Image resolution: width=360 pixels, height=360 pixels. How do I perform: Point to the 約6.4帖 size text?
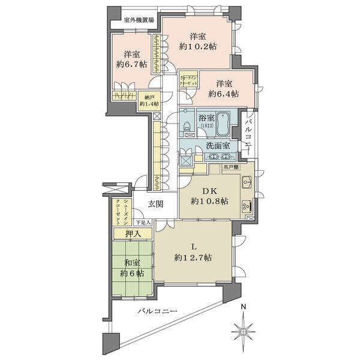click(223, 94)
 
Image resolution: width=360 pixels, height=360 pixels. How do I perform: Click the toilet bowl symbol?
click(187, 127)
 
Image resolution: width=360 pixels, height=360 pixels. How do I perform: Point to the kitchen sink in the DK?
click(247, 182)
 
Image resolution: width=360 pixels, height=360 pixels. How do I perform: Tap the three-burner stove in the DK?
click(247, 207)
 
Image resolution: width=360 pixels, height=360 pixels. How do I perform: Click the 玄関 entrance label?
click(154, 203)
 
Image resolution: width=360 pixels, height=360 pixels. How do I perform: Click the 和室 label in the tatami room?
click(132, 262)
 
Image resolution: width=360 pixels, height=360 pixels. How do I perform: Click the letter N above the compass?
click(242, 308)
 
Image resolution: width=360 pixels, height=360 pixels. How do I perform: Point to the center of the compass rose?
click(242, 330)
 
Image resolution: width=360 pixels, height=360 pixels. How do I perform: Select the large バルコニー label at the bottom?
click(156, 311)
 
